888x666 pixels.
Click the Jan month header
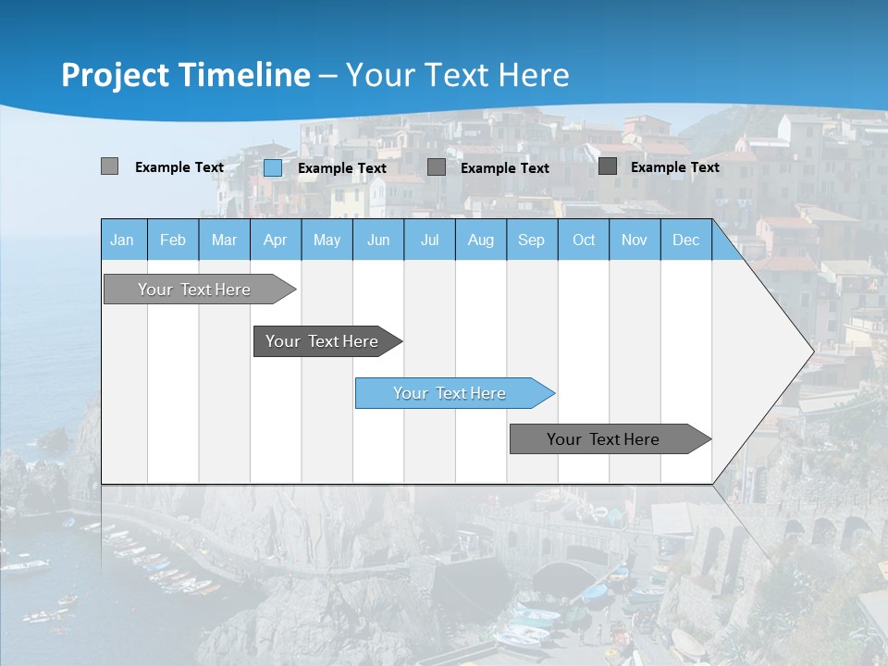tap(122, 240)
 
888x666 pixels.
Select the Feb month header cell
tap(173, 240)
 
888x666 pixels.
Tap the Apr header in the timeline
tap(275, 240)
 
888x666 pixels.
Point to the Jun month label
tap(378, 240)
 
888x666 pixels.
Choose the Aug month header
tap(480, 240)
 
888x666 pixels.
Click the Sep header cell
tap(531, 240)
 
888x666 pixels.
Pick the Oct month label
tap(584, 240)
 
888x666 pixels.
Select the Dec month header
tap(685, 240)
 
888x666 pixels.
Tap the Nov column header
tap(635, 240)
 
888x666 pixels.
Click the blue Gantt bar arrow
tap(453, 393)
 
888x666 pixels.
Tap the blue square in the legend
tap(273, 167)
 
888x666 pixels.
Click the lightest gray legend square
tap(109, 166)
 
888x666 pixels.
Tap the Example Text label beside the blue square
tap(342, 168)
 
